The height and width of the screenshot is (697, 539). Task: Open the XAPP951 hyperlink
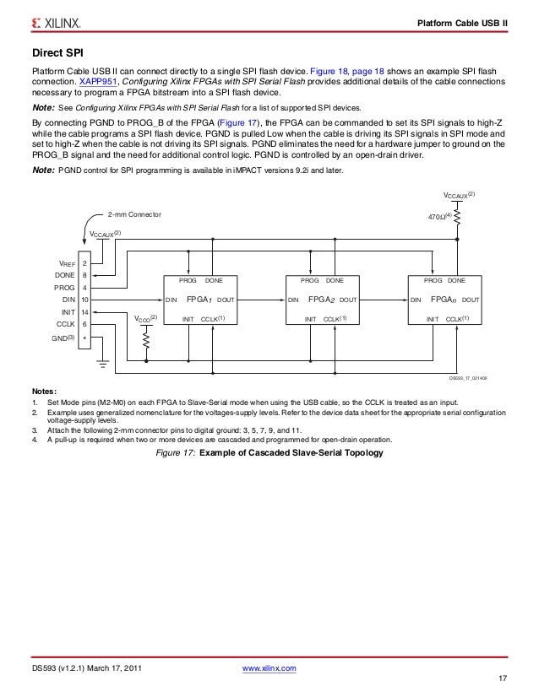(x=97, y=83)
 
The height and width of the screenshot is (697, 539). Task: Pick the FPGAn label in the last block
(x=444, y=300)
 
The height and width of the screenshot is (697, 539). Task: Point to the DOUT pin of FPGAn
(x=471, y=300)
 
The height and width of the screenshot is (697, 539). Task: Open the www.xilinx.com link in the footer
(x=269, y=668)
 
